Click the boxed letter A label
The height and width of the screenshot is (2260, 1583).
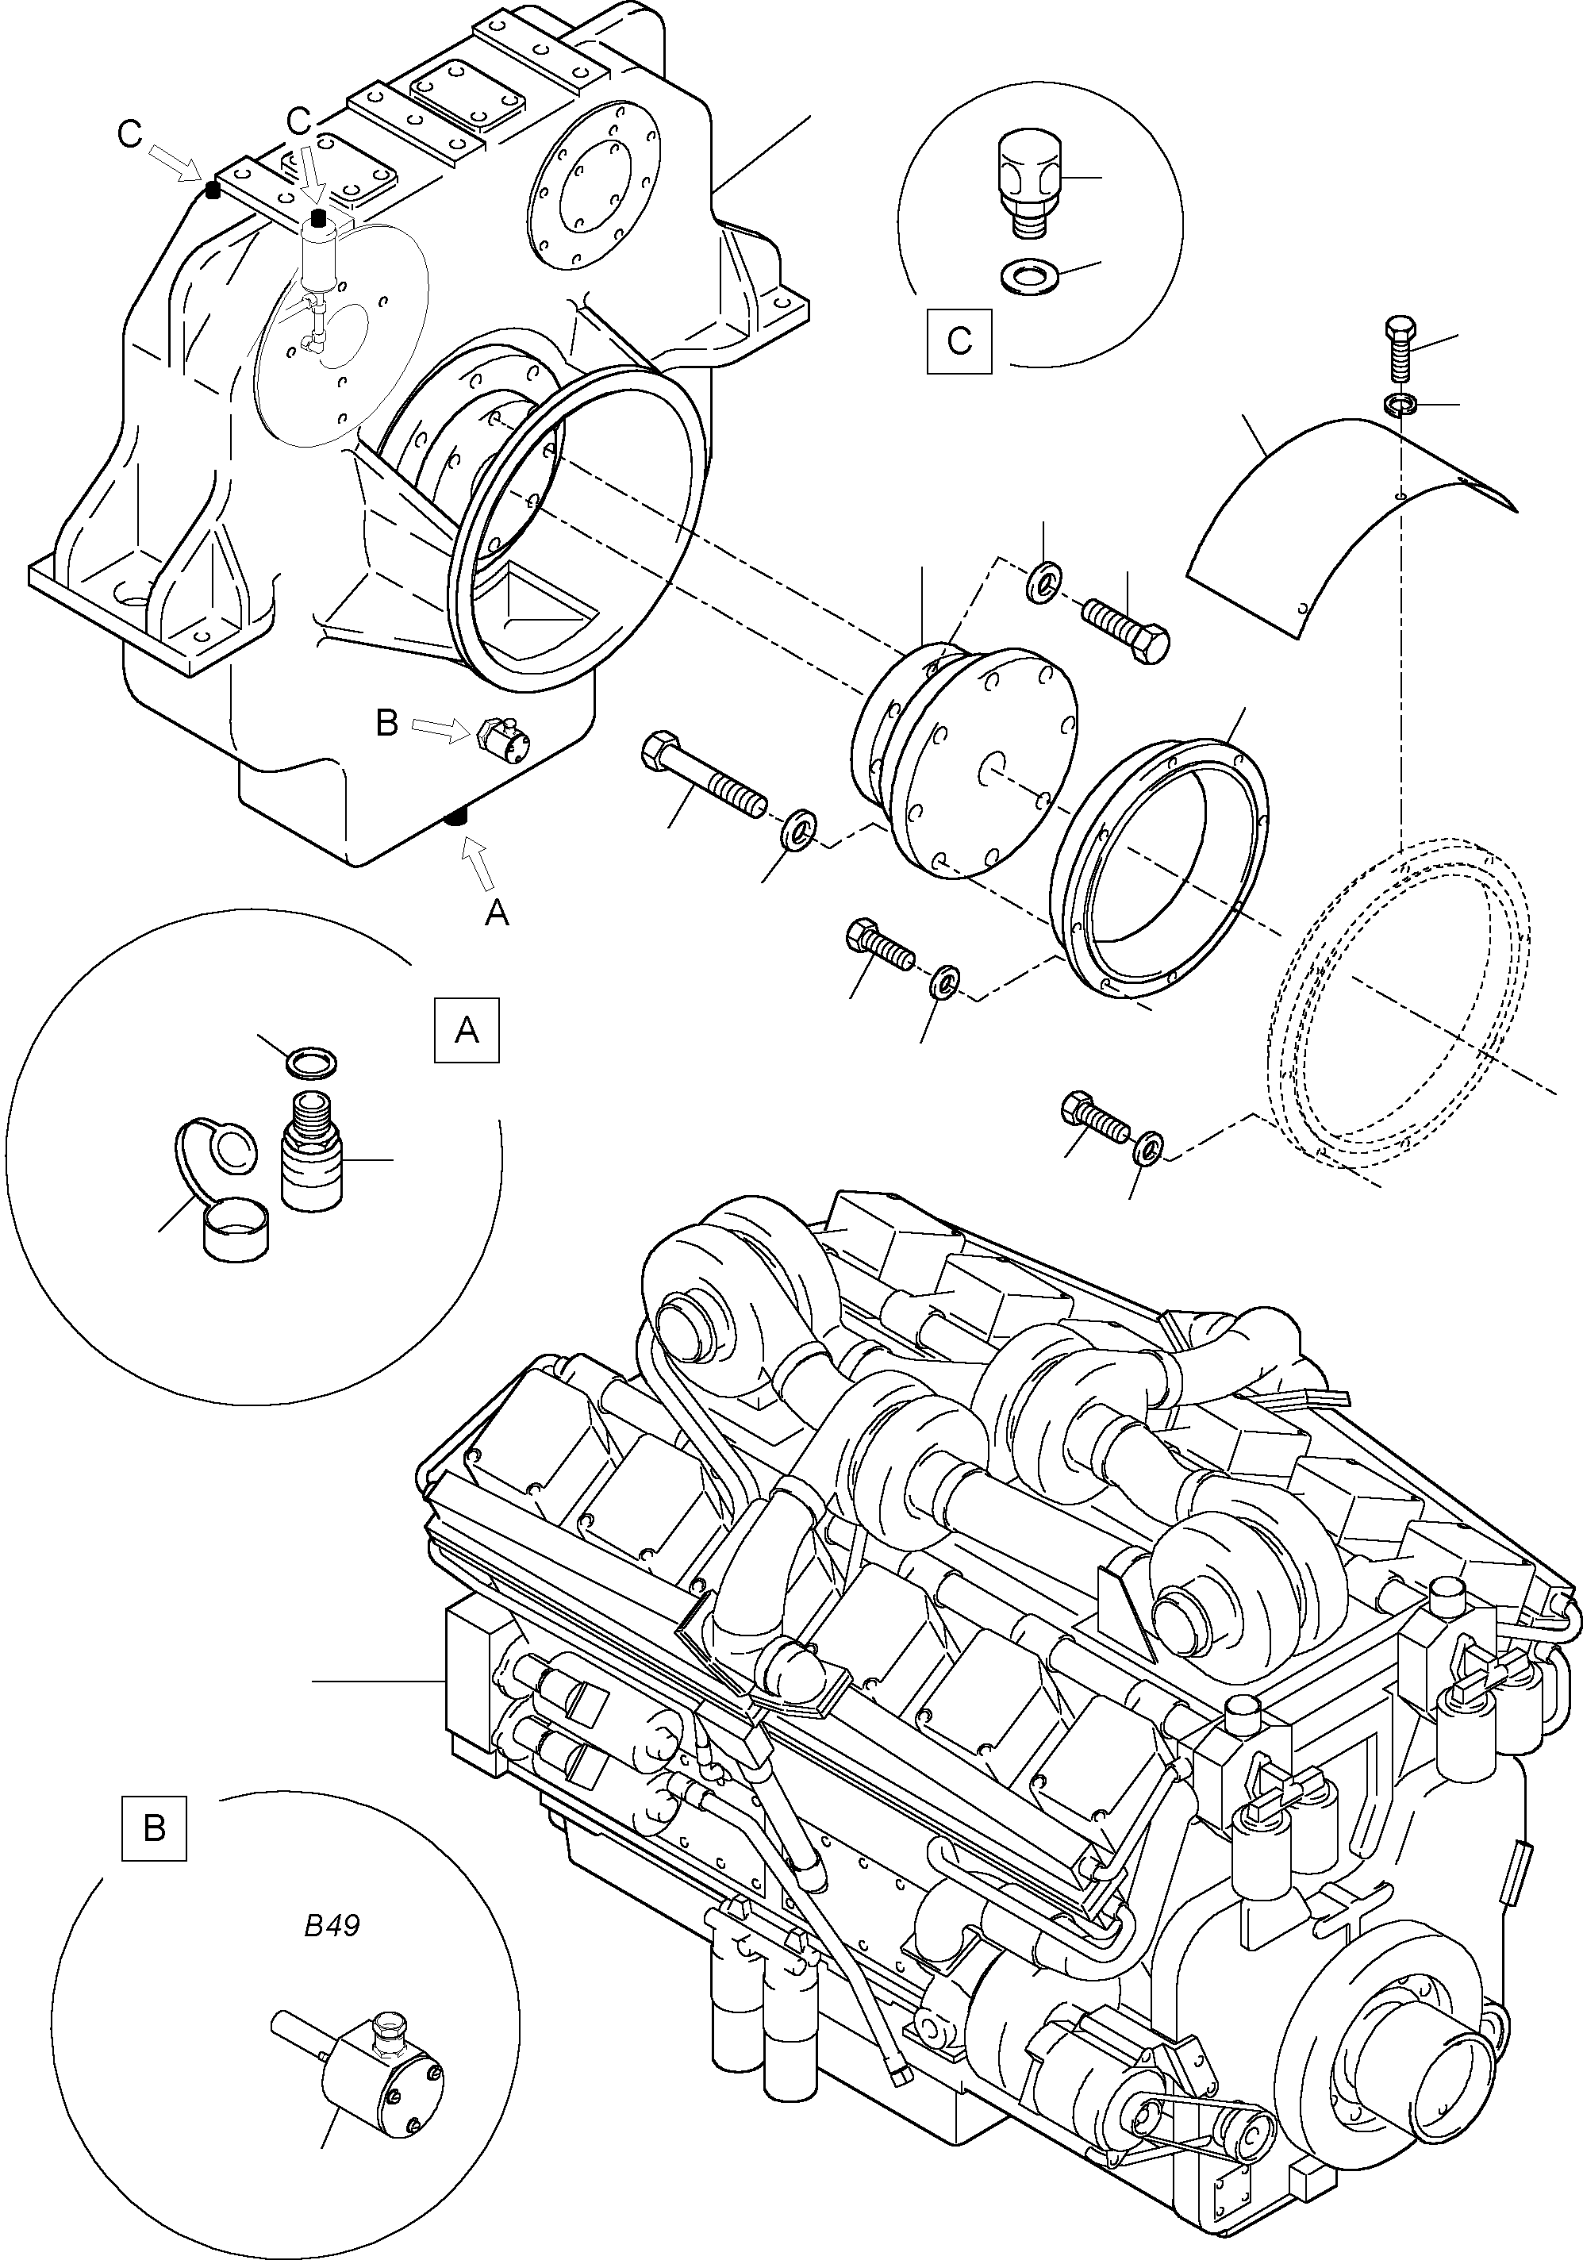click(467, 1029)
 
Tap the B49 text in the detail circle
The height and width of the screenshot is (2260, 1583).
click(332, 1925)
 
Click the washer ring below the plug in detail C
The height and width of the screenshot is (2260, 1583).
click(1027, 275)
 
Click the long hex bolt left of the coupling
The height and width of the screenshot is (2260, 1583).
click(703, 778)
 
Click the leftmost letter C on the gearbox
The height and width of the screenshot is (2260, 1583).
click(129, 135)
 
